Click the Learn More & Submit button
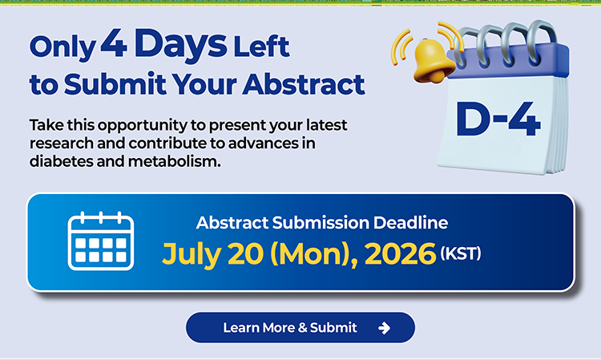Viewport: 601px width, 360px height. click(300, 327)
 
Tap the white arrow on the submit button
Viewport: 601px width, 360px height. click(384, 328)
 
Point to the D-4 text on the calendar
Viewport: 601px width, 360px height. click(498, 119)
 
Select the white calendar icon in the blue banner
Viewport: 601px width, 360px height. click(101, 241)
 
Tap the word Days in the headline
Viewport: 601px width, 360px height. click(180, 46)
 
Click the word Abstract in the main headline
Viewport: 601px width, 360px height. click(304, 84)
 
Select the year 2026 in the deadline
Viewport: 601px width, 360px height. click(400, 253)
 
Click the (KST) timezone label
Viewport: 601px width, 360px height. click(461, 253)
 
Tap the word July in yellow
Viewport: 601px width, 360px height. click(192, 255)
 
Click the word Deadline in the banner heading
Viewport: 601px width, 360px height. click(410, 223)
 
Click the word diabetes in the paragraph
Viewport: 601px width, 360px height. click(62, 161)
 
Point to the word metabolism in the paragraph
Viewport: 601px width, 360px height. click(175, 161)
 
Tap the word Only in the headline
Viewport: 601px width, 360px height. click(63, 47)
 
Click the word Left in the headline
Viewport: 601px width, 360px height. click(261, 47)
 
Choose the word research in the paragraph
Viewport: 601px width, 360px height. click(62, 144)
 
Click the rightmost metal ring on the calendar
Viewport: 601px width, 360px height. click(541, 42)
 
